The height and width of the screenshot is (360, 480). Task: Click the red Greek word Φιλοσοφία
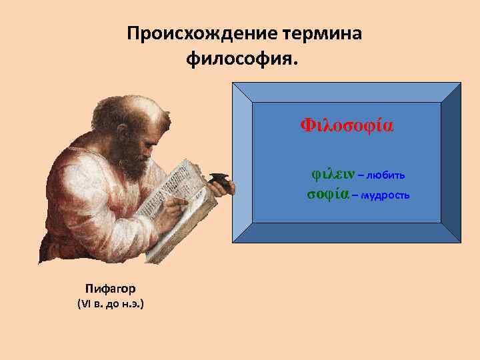347,125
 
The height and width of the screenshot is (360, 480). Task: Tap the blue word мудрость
386,196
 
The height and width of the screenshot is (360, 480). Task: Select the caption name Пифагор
110,289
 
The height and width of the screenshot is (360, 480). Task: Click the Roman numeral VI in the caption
86,305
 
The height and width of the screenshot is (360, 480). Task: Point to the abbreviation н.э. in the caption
133,305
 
